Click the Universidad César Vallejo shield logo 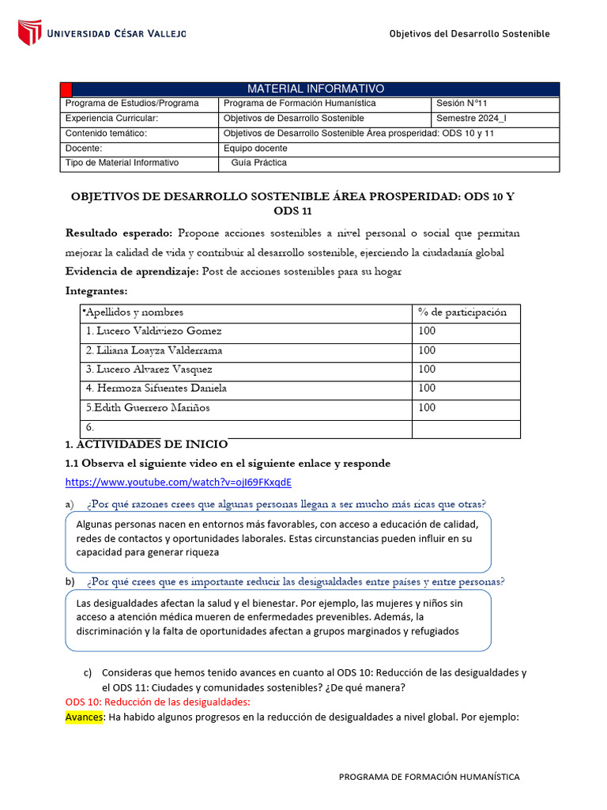29,32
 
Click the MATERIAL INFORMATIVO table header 315,89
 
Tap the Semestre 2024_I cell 471,119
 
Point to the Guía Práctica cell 258,163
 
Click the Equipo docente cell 255,149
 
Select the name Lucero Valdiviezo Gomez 154,331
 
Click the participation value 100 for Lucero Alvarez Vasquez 427,369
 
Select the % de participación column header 462,312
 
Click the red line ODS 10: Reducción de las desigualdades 157,702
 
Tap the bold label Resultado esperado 119,233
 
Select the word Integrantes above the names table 96,291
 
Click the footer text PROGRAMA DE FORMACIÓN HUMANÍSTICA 429,777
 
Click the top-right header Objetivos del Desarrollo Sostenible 469,33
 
